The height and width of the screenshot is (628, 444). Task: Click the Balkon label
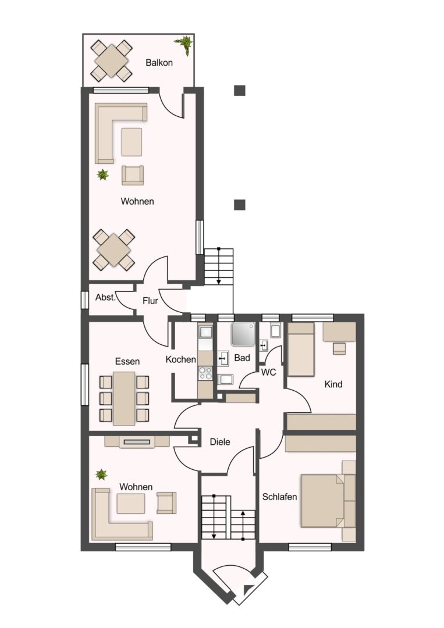159,62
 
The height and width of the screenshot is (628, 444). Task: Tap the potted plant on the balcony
185,44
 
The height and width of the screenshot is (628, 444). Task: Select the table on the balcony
111,60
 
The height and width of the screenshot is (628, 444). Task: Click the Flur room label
150,301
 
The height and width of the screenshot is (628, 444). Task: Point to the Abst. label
105,298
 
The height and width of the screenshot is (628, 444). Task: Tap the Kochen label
181,360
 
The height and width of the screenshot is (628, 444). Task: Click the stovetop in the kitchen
205,373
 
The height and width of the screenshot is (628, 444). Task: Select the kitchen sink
205,331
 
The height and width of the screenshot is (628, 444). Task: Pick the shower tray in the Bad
243,334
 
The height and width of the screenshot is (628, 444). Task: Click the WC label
268,373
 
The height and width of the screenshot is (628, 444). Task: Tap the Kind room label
333,384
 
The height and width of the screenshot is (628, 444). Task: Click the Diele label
220,442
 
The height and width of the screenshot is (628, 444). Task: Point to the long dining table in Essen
124,398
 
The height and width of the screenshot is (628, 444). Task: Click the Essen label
127,361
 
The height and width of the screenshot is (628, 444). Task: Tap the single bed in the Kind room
301,349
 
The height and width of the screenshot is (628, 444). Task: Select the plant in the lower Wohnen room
102,474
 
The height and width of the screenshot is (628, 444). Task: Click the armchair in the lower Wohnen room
166,502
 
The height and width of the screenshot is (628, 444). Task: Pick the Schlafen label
280,497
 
